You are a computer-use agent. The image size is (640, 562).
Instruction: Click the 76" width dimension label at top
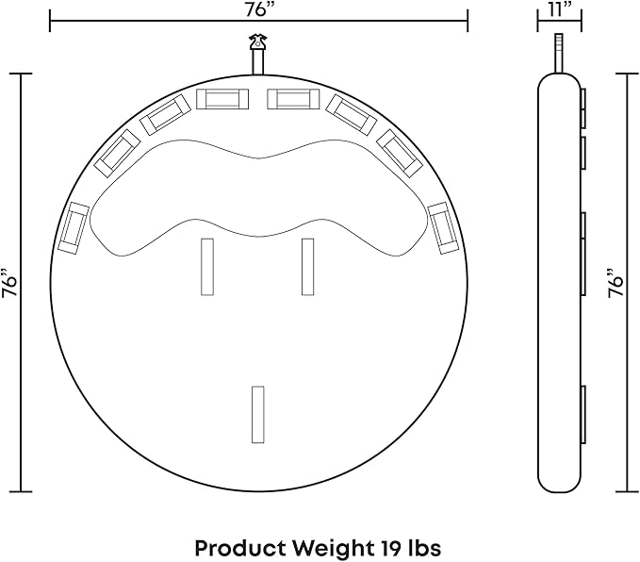(259, 9)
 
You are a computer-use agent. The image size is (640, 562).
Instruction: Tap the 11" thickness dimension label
(560, 9)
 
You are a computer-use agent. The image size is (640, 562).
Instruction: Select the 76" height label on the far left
(9, 283)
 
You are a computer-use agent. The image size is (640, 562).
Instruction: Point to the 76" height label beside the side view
(615, 283)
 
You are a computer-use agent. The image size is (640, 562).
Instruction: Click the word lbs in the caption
(425, 548)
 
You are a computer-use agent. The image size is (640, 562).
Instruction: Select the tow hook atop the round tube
(258, 42)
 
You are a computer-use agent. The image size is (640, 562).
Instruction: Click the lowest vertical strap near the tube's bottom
(258, 415)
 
